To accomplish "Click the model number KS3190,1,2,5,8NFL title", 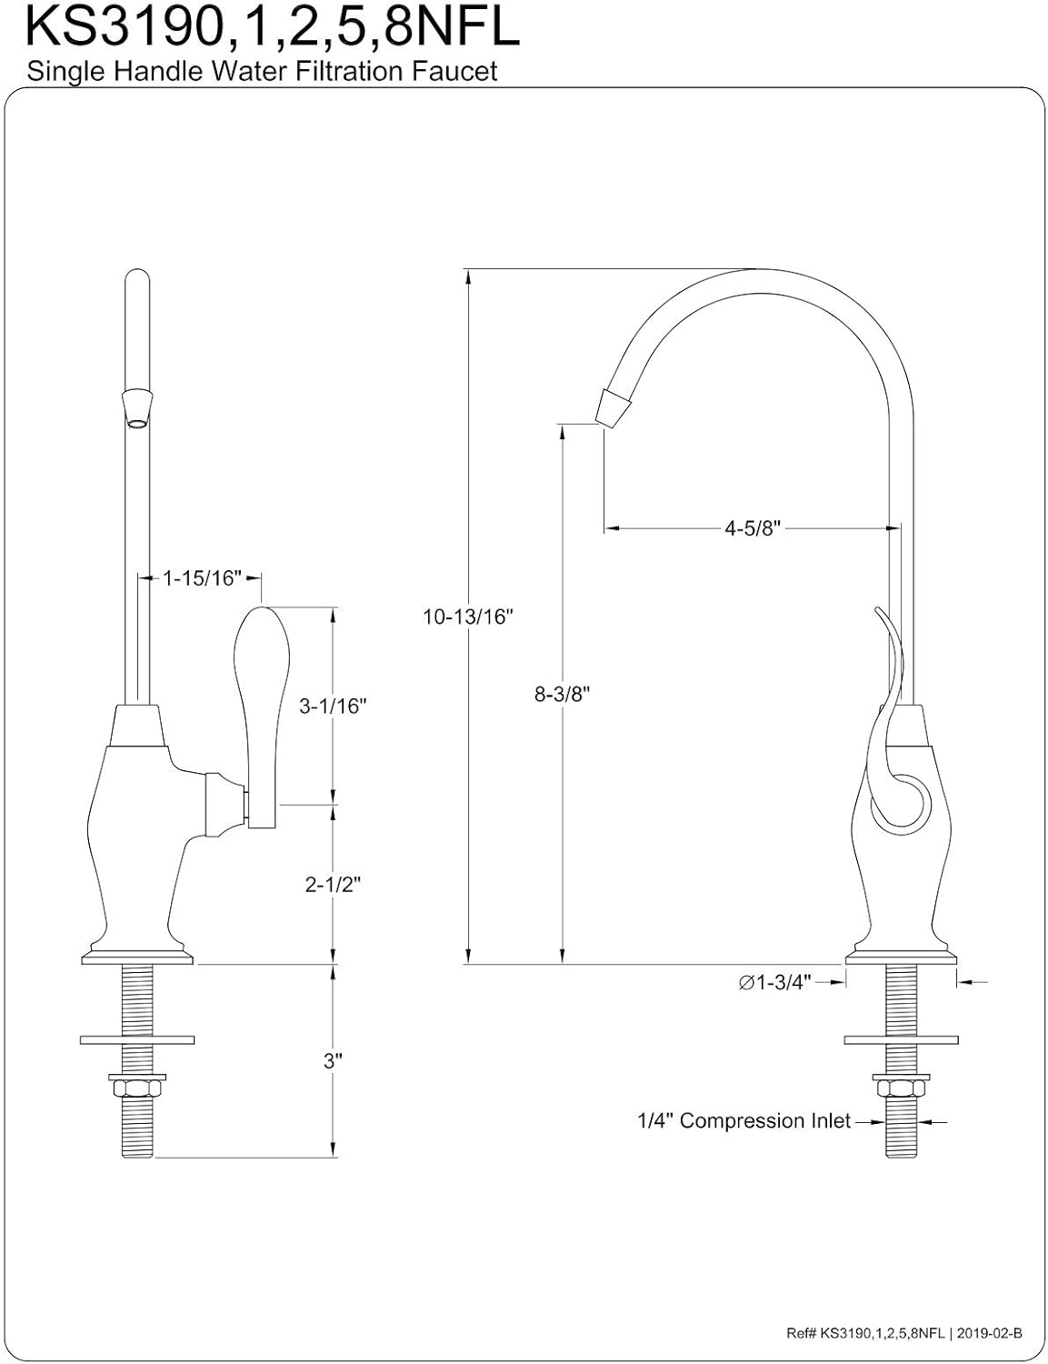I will [x=273, y=27].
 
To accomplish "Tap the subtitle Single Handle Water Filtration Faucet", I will [x=262, y=72].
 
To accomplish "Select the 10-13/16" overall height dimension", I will [x=468, y=617].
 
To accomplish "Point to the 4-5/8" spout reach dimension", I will [x=753, y=528].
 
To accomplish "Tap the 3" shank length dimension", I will [x=333, y=1060].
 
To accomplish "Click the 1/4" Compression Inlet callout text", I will [x=744, y=1121].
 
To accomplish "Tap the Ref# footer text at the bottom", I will [x=903, y=1333].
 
